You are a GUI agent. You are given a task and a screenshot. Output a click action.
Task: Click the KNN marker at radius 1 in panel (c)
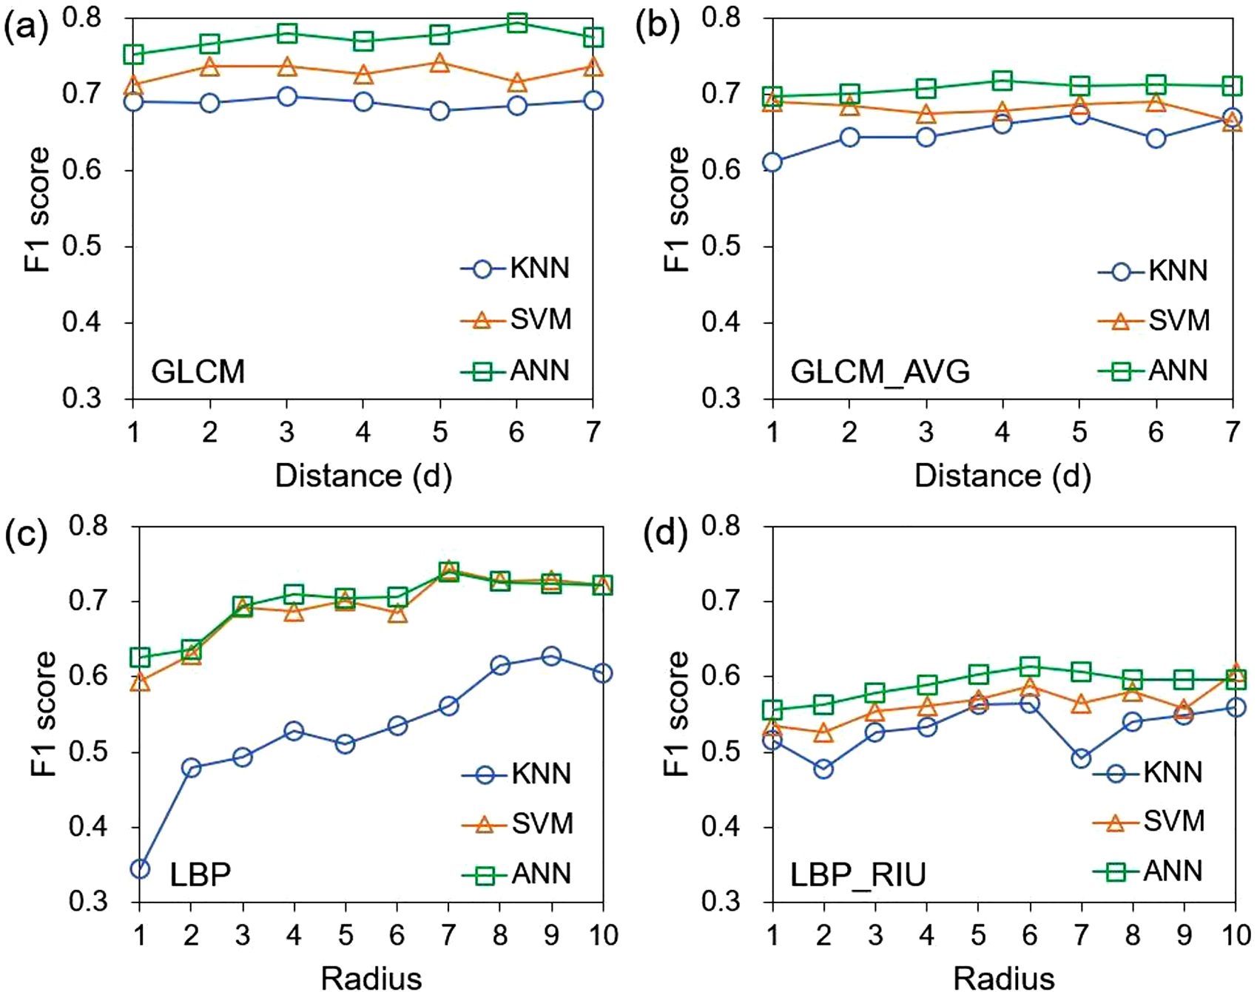pos(140,868)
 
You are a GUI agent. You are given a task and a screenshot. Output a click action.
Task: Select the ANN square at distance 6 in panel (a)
pos(516,23)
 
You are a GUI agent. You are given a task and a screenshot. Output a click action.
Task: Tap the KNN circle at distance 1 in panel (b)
pos(772,162)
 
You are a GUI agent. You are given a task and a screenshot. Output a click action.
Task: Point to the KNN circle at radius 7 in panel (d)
pos(1082,759)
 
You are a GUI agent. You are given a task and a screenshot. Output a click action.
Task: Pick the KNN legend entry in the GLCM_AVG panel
pos(1154,271)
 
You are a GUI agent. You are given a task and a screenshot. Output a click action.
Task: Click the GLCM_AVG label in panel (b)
pos(880,371)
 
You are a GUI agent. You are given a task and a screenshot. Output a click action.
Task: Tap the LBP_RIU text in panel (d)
pos(858,876)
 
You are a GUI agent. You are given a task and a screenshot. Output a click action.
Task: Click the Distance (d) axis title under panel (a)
pos(363,476)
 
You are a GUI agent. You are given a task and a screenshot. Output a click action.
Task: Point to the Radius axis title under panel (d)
pos(1003,978)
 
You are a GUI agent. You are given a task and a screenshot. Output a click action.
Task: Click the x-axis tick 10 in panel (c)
pos(602,935)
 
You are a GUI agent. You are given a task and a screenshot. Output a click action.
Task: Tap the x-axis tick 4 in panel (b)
pos(1002,431)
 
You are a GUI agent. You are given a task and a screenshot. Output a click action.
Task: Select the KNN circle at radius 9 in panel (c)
pos(550,656)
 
